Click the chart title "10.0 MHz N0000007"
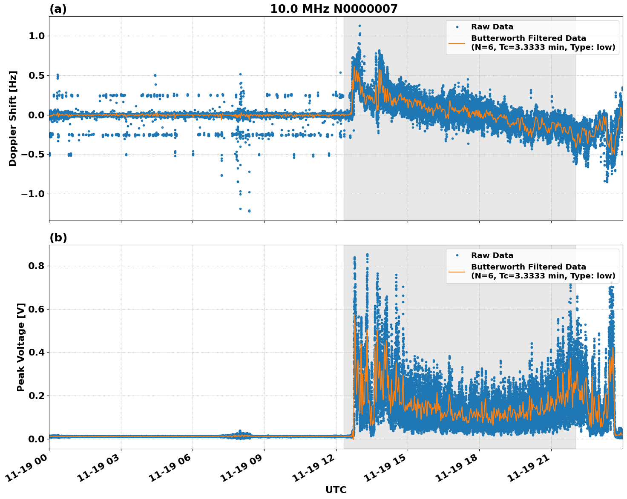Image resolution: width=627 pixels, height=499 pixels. pos(334,9)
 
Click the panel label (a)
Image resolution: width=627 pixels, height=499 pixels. pos(58,9)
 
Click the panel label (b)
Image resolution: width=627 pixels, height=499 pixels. pos(58,238)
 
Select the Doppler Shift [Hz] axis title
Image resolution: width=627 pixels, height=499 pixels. pos(13,118)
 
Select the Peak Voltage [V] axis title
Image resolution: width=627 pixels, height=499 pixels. pos(21,347)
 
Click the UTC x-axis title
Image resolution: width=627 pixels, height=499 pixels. pos(336,490)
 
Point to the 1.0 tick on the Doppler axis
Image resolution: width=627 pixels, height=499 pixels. pos(37,36)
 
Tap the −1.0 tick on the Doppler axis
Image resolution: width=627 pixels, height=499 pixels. pos(33,194)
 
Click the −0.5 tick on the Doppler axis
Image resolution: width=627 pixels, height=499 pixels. pos(33,155)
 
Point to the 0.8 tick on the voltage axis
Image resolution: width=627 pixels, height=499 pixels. pos(37,266)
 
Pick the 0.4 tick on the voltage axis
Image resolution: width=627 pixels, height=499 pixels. pos(37,352)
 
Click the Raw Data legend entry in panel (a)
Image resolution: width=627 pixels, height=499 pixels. pos(492,27)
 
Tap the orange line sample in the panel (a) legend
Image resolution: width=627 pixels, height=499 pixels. pos(457,43)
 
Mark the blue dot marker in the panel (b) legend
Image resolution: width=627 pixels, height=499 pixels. pos(457,255)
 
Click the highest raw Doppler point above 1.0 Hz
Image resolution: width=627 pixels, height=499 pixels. pos(360,26)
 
